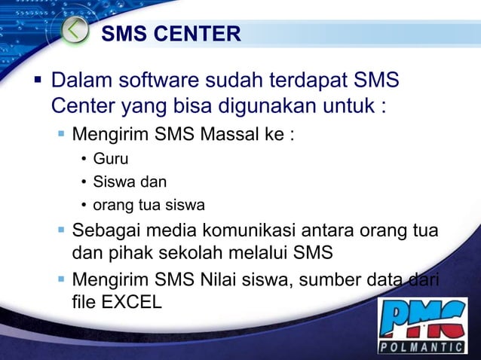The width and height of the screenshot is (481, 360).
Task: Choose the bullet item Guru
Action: pos(110,159)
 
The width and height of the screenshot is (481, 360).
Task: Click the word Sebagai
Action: pos(106,229)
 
